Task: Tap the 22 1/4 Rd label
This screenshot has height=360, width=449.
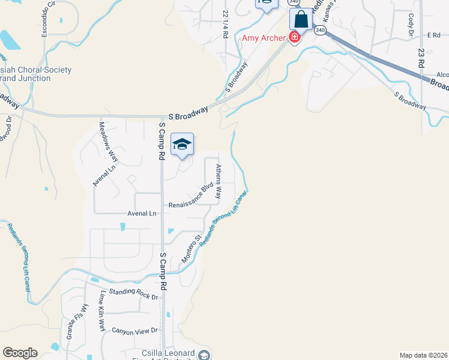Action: coord(225,24)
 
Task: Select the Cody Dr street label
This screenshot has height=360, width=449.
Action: coord(411,24)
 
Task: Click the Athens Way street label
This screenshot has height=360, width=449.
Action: coord(218,182)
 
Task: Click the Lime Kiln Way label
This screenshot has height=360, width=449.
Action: coord(103,311)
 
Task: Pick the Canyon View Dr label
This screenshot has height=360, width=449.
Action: coord(134,331)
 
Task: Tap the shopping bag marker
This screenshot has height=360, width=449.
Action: coord(301,19)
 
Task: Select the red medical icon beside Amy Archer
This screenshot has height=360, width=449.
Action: coord(294,38)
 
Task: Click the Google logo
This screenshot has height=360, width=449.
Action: coord(20,353)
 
